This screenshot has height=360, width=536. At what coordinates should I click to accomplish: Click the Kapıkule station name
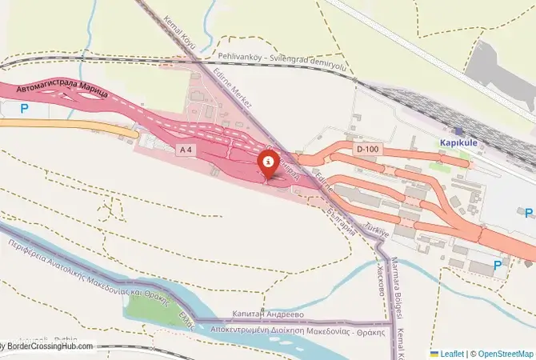[x=458, y=143]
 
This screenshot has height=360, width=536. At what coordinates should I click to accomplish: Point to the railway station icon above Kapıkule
[x=458, y=130]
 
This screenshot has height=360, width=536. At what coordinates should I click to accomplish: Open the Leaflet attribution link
[x=453, y=353]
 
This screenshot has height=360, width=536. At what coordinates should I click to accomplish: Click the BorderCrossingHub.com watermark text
[x=50, y=346]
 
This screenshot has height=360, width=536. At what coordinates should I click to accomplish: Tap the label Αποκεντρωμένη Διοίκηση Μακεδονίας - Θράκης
[x=298, y=330]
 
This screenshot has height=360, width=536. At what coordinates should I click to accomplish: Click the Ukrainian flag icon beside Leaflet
[x=434, y=353]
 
